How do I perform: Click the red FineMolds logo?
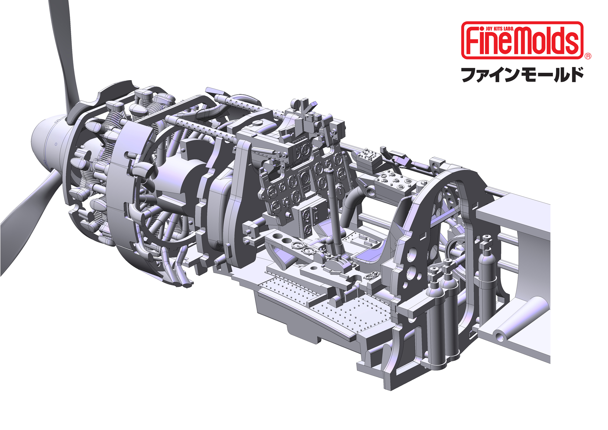pos(522,40)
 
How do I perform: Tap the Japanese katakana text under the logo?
pos(522,75)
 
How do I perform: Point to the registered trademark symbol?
pos(588,56)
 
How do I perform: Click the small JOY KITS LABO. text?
pos(499,29)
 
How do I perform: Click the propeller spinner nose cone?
pos(49,143)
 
